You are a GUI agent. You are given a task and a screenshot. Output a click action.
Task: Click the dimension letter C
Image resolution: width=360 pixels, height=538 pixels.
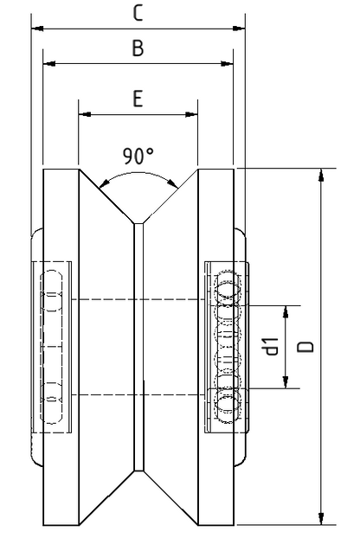(138, 13)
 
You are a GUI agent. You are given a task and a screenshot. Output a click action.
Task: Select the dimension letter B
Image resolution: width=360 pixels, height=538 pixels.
(138, 48)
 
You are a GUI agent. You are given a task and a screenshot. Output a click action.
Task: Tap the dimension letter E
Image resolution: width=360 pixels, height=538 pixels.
(138, 99)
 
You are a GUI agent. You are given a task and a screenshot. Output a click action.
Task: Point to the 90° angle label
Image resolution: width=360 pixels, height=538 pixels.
(138, 156)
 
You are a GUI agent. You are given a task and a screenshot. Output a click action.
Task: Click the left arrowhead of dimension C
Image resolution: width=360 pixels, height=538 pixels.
(37, 29)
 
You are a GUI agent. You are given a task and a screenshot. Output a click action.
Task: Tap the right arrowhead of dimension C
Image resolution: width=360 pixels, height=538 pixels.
(239, 29)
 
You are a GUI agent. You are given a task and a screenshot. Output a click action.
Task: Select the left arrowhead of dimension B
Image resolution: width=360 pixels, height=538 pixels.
(49, 63)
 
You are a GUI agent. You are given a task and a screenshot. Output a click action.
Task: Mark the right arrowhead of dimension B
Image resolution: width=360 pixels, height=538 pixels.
(227, 63)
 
